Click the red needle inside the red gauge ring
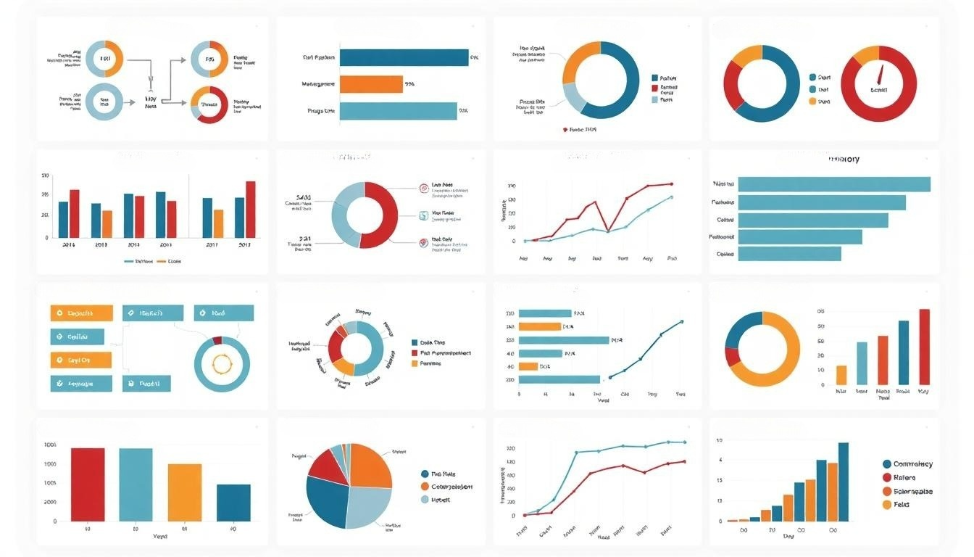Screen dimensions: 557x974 881,73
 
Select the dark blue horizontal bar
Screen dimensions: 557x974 404,57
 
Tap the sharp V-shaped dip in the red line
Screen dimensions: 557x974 607,230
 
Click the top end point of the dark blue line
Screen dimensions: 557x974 681,321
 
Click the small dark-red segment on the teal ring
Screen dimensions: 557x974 217,340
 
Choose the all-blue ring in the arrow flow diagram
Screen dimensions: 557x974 104,102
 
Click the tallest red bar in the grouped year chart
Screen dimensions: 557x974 251,209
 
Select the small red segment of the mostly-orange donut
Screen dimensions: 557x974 733,356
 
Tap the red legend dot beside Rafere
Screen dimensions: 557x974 886,477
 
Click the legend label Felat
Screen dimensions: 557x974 902,505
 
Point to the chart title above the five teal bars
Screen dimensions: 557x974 844,159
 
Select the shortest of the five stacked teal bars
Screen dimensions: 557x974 789,254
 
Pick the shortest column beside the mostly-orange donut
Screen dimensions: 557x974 841,374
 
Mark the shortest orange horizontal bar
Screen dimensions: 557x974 528,366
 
